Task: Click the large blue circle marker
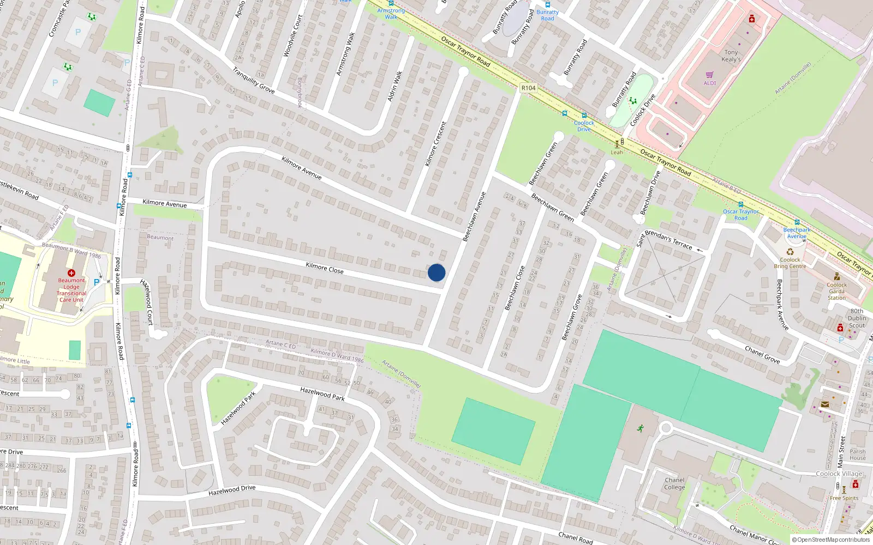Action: coord(436,272)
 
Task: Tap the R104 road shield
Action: coord(528,88)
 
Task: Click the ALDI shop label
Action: coord(710,83)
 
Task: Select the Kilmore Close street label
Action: coord(325,268)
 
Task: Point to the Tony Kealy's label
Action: coord(731,56)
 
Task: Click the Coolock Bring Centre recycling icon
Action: coord(790,252)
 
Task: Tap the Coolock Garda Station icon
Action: coord(837,276)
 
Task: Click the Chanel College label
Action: coord(674,484)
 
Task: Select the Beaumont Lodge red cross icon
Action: coord(71,272)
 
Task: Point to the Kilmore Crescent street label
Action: coord(435,144)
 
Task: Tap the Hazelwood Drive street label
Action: coord(232,491)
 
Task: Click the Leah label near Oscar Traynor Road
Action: coord(617,153)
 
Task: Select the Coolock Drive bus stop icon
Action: coord(584,116)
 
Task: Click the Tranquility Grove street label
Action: coord(253,80)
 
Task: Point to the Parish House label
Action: coord(857,455)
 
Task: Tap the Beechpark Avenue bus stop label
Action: coord(797,233)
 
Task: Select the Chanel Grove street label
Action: coord(762,355)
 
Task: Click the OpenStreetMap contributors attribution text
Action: coord(832,540)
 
